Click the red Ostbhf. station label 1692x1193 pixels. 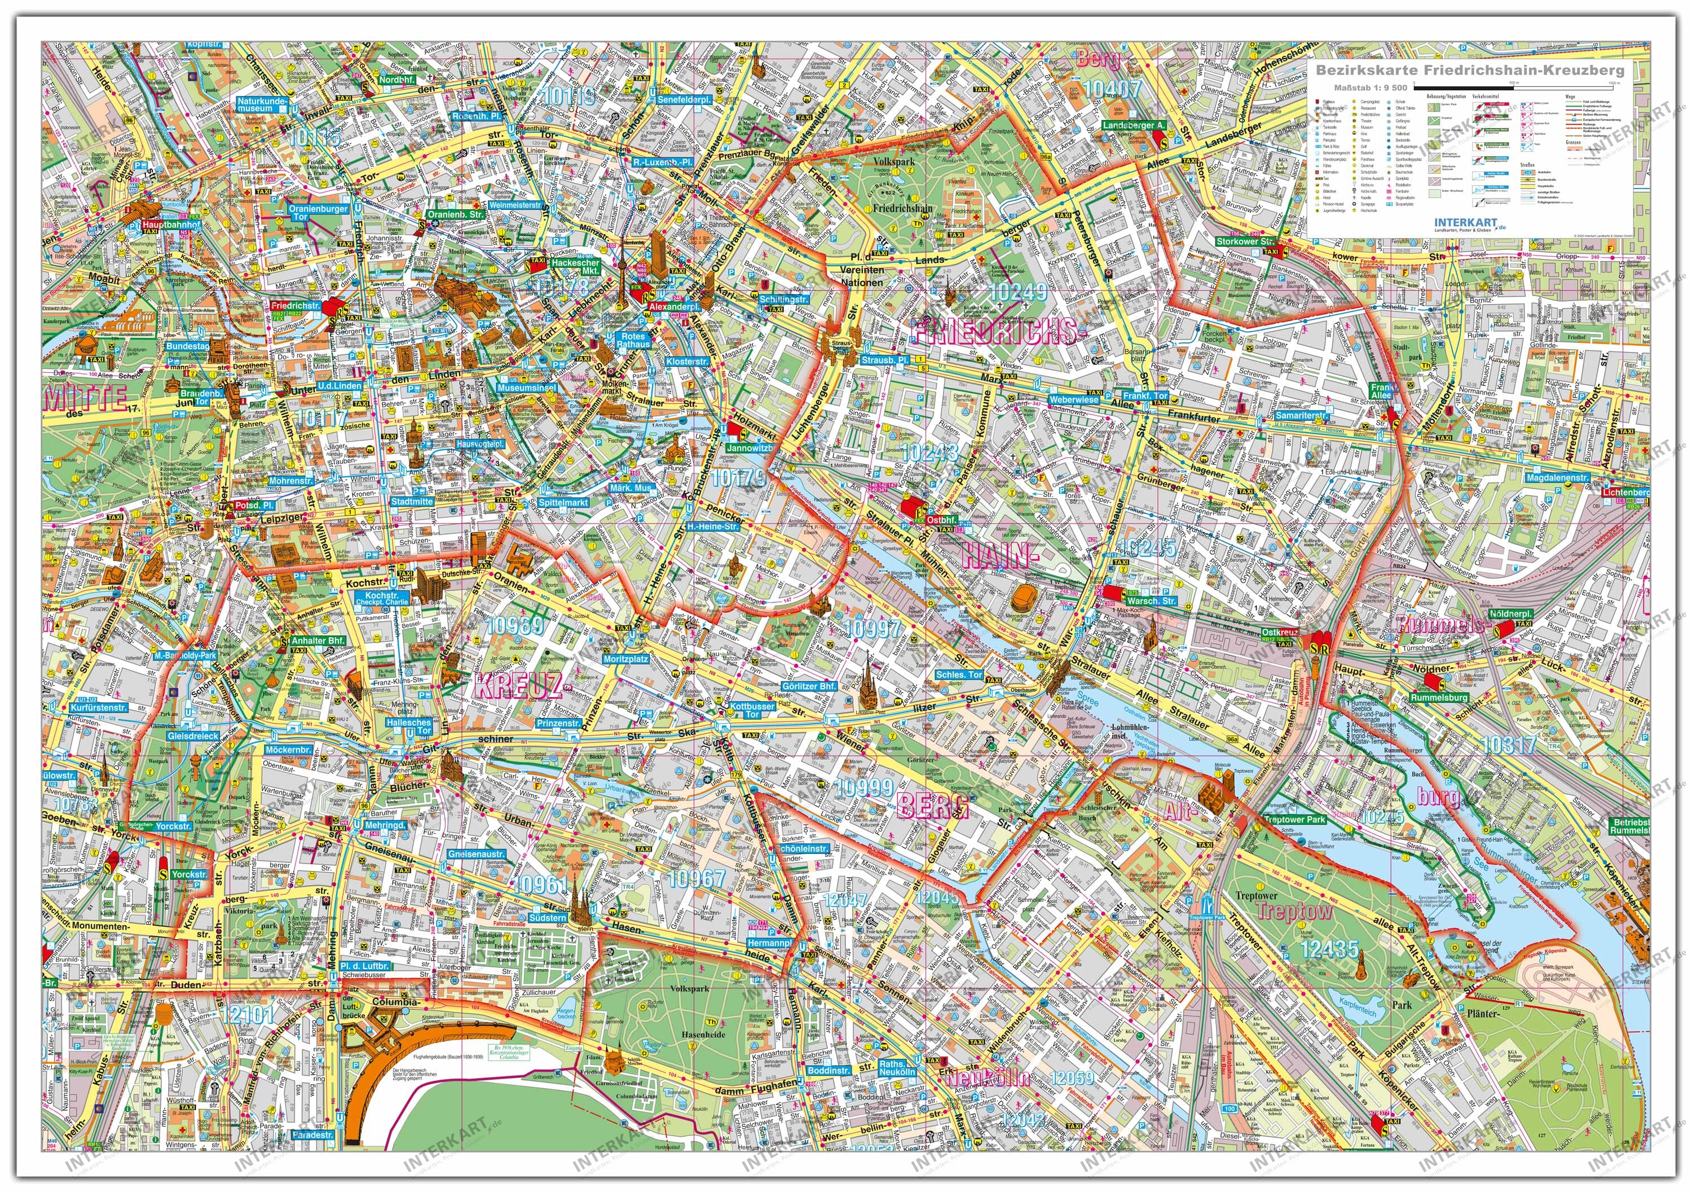(942, 520)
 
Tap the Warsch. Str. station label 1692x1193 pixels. (1151, 601)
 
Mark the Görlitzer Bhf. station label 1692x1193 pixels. (808, 685)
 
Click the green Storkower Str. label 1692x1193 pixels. (1244, 241)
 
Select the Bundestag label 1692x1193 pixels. (187, 346)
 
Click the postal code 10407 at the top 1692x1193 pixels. (1112, 89)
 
